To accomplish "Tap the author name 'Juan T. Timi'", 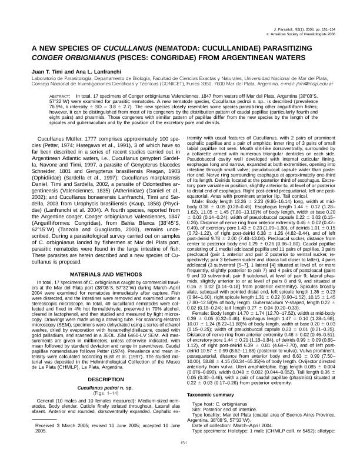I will pos(47,71).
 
